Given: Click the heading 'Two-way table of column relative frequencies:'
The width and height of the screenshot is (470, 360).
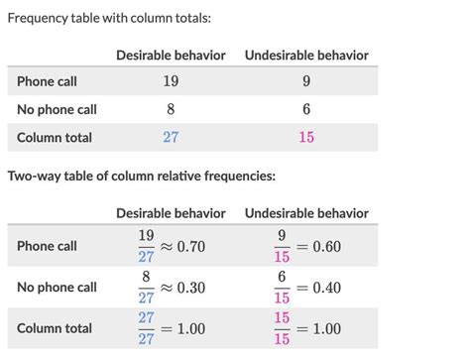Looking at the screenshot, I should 141,177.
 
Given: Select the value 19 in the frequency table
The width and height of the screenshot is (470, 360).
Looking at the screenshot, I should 171,81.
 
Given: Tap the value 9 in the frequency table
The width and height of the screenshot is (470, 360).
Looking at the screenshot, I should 306,81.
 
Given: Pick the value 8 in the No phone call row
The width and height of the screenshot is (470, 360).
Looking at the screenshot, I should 171,109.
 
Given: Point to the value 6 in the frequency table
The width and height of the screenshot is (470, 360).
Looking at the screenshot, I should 306,109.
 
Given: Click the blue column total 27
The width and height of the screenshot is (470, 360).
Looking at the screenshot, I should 171,137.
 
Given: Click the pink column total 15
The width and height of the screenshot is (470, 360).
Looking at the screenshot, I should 306,137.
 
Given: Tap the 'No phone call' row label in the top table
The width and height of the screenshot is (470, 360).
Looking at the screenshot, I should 57,109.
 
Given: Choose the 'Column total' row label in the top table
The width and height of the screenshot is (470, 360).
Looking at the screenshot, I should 55,137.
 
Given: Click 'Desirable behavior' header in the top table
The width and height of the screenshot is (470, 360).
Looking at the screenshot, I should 171,55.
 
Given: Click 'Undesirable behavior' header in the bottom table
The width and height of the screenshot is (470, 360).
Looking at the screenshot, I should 306,213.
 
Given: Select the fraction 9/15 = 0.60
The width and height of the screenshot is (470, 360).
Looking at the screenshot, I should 306,246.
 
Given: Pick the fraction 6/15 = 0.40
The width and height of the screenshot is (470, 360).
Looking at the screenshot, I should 306,288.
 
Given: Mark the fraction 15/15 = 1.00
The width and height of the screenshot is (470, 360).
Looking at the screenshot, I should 306,328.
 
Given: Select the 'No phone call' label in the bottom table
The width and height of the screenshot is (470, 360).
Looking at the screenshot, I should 57,288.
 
